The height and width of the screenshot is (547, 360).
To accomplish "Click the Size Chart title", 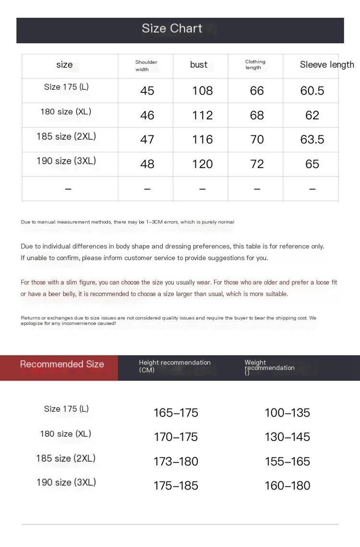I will point(172,28).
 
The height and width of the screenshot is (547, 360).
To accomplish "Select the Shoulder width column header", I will point(146,66).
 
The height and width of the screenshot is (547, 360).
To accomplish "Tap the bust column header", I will point(199,65).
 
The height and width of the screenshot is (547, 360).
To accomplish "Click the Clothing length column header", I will point(255,65).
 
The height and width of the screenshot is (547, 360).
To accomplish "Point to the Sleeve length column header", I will point(327,65).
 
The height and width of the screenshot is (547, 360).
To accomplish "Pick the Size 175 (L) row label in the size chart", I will point(66,87).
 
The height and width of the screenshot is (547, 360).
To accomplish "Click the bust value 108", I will point(202,91).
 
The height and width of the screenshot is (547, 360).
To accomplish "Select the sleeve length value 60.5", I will point(312,91).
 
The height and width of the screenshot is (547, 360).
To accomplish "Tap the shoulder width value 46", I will point(147,115).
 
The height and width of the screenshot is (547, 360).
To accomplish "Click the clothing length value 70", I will point(257,140).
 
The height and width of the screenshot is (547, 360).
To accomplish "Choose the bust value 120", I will point(202,164).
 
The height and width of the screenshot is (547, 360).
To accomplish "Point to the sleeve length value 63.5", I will point(312,140).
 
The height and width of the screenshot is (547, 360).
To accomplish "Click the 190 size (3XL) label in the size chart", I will point(66,161).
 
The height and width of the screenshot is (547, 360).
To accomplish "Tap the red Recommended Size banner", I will point(62,365).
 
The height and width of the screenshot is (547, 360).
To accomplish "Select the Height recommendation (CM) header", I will point(175,366).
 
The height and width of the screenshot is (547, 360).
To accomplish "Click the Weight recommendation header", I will point(269,368).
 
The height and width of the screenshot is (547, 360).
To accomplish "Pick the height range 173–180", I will point(176,462).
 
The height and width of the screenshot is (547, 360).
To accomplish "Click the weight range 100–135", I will point(287,413).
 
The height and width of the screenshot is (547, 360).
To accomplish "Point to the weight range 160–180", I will point(287,486).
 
